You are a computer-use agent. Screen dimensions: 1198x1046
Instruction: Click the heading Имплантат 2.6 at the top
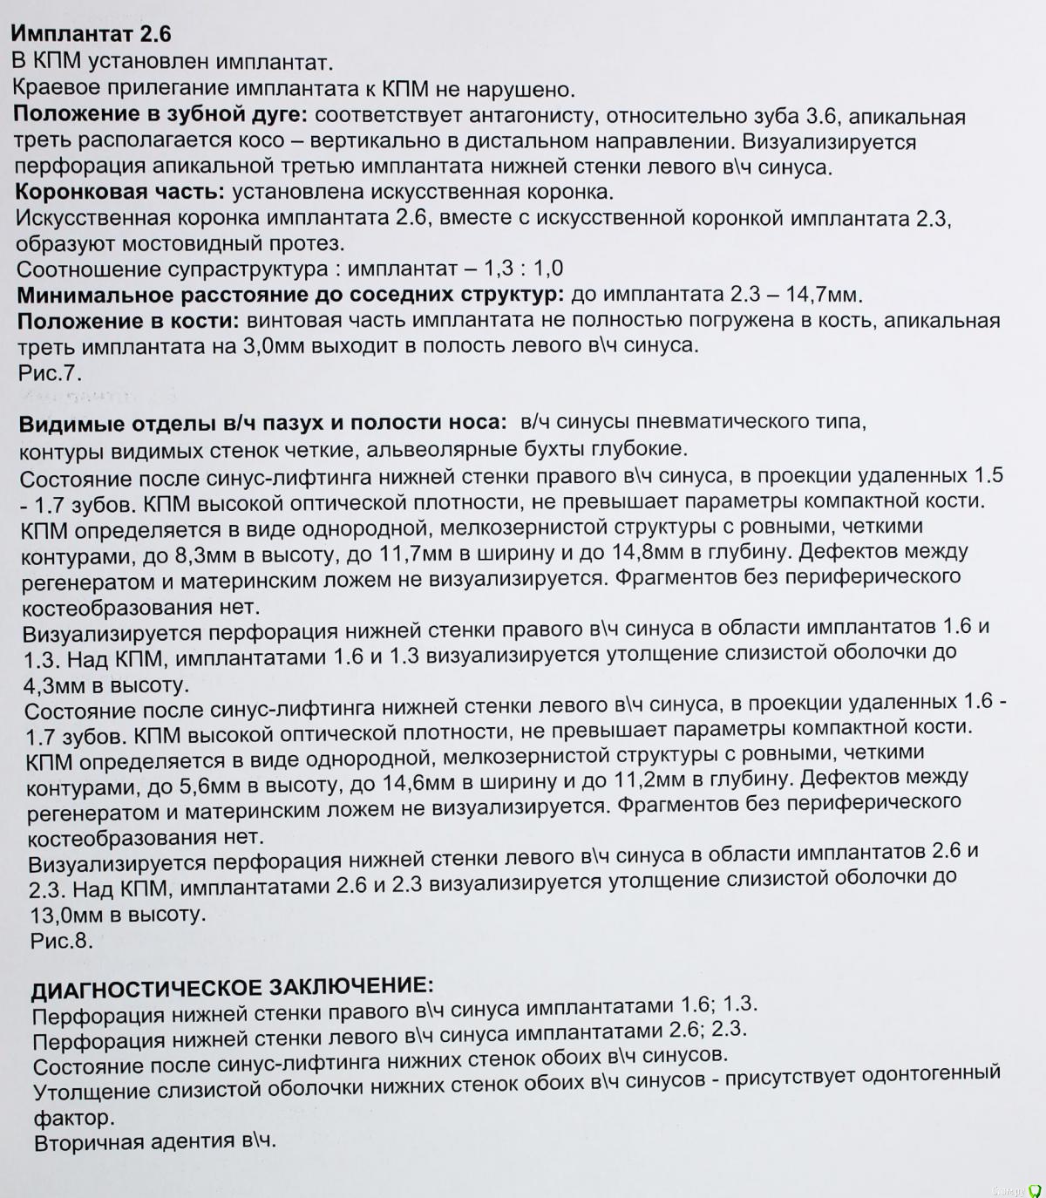[x=90, y=34]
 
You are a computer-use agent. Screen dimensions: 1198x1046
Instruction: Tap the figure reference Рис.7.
[x=49, y=373]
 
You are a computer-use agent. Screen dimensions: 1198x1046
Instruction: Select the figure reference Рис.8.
[x=61, y=940]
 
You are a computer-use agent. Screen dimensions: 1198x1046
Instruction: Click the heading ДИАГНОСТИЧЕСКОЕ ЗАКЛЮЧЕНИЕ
[x=231, y=987]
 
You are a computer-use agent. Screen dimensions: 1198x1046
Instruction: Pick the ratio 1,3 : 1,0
[x=515, y=268]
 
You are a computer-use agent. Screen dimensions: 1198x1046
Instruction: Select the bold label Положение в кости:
[x=128, y=321]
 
